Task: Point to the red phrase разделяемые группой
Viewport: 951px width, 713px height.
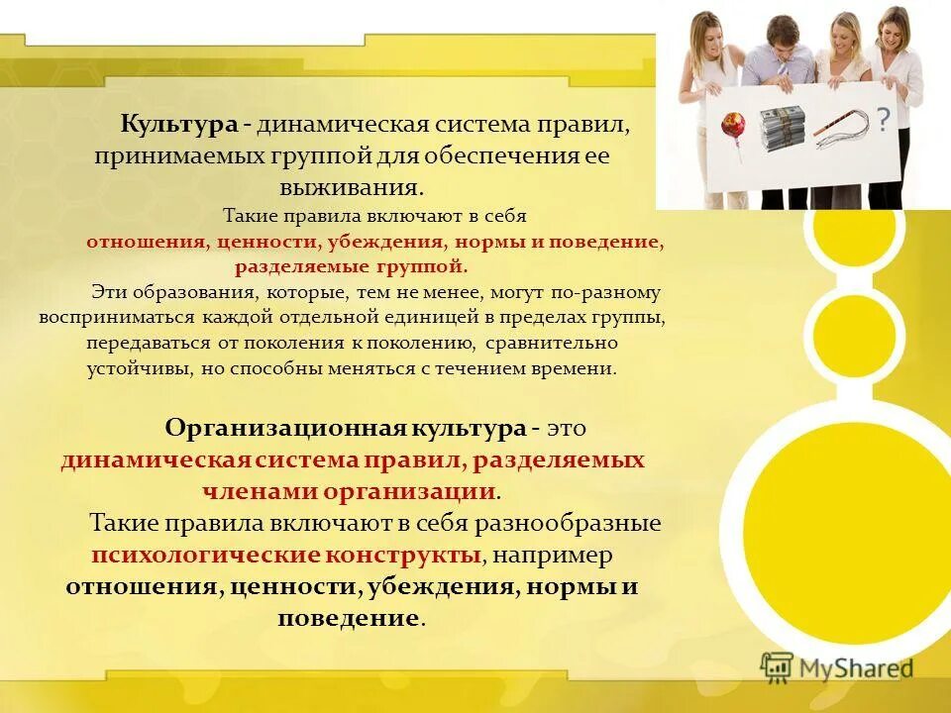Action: tap(350, 266)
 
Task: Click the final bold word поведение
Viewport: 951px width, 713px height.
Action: tap(349, 618)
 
